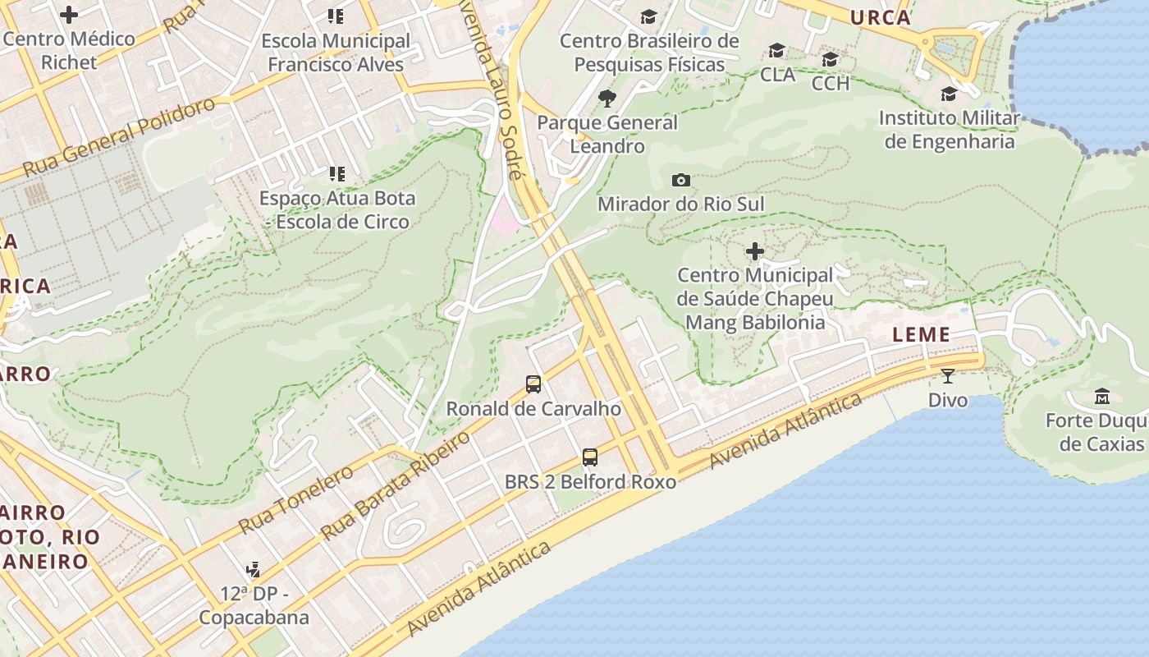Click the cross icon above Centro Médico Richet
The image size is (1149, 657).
(x=69, y=14)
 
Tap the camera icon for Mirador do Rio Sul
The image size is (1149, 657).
(x=680, y=180)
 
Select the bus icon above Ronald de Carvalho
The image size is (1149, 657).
(x=533, y=384)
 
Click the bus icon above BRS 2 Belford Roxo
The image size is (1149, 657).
(x=589, y=457)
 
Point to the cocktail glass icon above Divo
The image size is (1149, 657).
(x=948, y=376)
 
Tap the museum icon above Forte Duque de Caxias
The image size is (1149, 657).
(x=1101, y=397)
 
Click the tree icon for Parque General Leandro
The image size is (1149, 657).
(x=607, y=99)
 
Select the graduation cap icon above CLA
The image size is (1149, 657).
(x=776, y=51)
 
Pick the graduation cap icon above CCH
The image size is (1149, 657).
(x=830, y=59)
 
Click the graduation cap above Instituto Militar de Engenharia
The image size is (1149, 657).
(x=949, y=94)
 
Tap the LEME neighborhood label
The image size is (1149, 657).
(x=921, y=334)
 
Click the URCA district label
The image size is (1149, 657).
(x=880, y=17)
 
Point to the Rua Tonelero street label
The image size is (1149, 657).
(x=295, y=498)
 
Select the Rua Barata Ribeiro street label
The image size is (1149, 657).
(x=396, y=485)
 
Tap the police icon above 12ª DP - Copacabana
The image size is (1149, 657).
(x=254, y=569)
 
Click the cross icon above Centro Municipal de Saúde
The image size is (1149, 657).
(x=754, y=250)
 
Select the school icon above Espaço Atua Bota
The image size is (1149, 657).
(x=336, y=173)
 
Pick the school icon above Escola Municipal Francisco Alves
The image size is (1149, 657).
(x=335, y=16)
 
